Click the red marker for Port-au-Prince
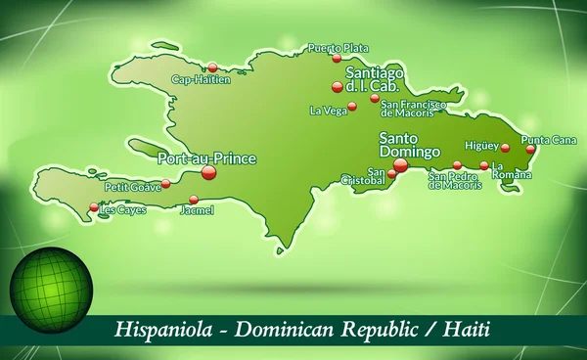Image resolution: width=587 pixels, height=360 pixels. coord(208,172)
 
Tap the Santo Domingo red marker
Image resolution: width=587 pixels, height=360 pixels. coord(400,165)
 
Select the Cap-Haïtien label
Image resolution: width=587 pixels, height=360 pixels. coord(201,80)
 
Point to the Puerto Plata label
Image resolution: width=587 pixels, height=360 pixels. coord(338,47)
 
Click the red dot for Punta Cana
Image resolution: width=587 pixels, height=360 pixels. coord(530,150)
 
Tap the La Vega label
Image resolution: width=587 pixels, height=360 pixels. coord(327,110)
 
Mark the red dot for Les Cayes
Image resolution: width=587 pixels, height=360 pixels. coord(94,206)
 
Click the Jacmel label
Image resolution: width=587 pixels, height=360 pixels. coord(197,209)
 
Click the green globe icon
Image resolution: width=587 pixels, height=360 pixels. coord(51,290)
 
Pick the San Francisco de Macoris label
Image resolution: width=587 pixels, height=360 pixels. coord(415,108)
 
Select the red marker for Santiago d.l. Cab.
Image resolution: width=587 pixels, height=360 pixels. coord(338,86)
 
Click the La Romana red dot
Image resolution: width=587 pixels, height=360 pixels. coord(483,165)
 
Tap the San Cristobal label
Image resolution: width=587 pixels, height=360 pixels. coord(361,176)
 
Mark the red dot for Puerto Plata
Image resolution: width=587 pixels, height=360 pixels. coord(337,58)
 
